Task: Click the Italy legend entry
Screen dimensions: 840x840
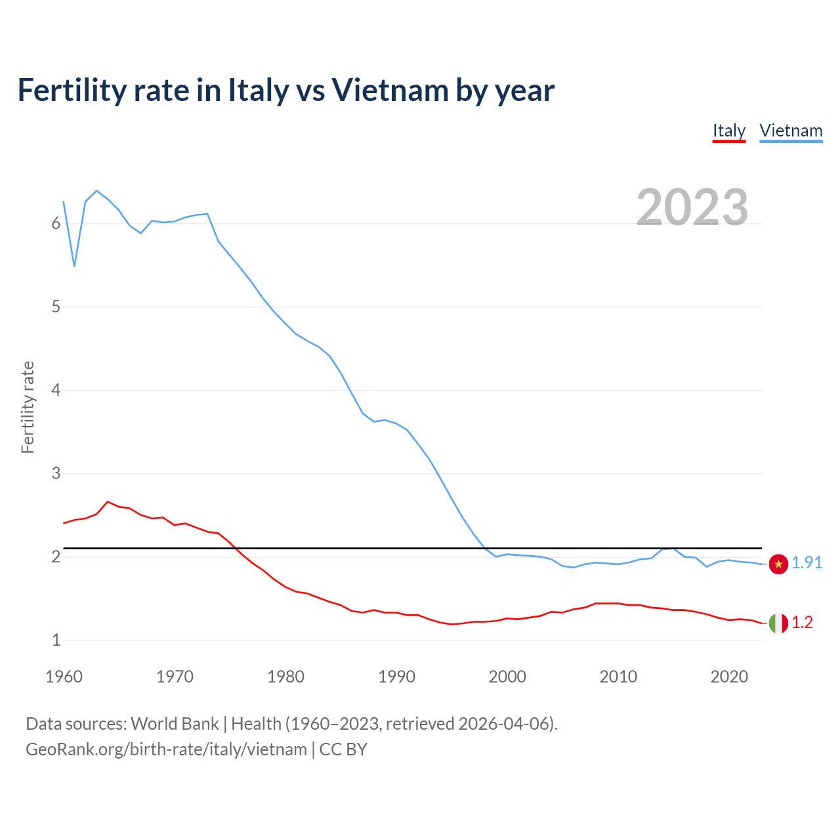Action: tap(729, 131)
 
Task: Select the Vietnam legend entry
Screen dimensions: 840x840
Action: tap(791, 131)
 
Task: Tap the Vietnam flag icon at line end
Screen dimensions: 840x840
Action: tap(778, 564)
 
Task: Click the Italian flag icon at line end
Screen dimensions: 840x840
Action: tap(778, 623)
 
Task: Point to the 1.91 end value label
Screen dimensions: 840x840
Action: tap(807, 563)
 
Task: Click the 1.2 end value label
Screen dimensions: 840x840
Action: tap(802, 623)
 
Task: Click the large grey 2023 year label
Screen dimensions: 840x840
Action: tap(692, 207)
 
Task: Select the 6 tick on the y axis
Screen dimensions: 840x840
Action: tap(56, 224)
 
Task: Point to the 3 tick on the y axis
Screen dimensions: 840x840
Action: tap(56, 473)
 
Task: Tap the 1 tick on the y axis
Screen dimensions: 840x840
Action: tap(56, 640)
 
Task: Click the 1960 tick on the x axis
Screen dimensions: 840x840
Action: tap(64, 677)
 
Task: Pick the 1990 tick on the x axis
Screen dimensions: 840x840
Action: tap(396, 677)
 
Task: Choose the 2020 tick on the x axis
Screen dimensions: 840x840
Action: tap(729, 677)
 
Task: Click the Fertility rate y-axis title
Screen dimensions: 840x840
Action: tap(28, 407)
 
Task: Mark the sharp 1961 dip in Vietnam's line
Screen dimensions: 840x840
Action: tap(74, 266)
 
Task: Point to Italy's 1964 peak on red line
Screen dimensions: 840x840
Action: tap(108, 501)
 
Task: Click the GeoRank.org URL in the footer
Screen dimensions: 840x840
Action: tap(166, 749)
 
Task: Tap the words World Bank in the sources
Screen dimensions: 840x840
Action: tap(175, 724)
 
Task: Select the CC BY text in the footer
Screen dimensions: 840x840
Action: tap(343, 749)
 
